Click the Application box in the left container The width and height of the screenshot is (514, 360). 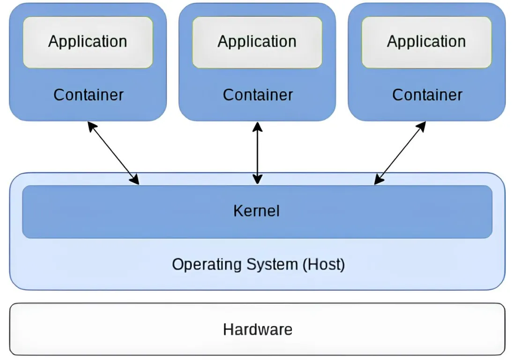[88, 55]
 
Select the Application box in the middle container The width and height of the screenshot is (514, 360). [257, 55]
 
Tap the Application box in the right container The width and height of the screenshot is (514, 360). [426, 55]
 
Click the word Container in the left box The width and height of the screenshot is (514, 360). [88, 95]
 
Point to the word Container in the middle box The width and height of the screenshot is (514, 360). [258, 95]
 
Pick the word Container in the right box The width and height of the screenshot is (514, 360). [427, 95]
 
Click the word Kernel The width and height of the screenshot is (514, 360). [257, 211]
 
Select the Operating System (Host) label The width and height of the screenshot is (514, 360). [258, 264]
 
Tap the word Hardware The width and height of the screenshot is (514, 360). [258, 330]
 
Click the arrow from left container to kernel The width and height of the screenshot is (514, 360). [113, 153]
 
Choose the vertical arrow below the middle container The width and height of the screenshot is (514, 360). [257, 153]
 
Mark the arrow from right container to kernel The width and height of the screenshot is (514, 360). [401, 153]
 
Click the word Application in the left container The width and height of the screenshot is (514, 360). [88, 42]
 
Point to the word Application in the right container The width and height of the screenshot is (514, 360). [426, 42]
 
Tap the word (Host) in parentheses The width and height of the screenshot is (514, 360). [323, 264]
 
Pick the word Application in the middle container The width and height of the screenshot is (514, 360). [257, 42]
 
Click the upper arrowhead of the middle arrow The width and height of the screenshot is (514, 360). [257, 126]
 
